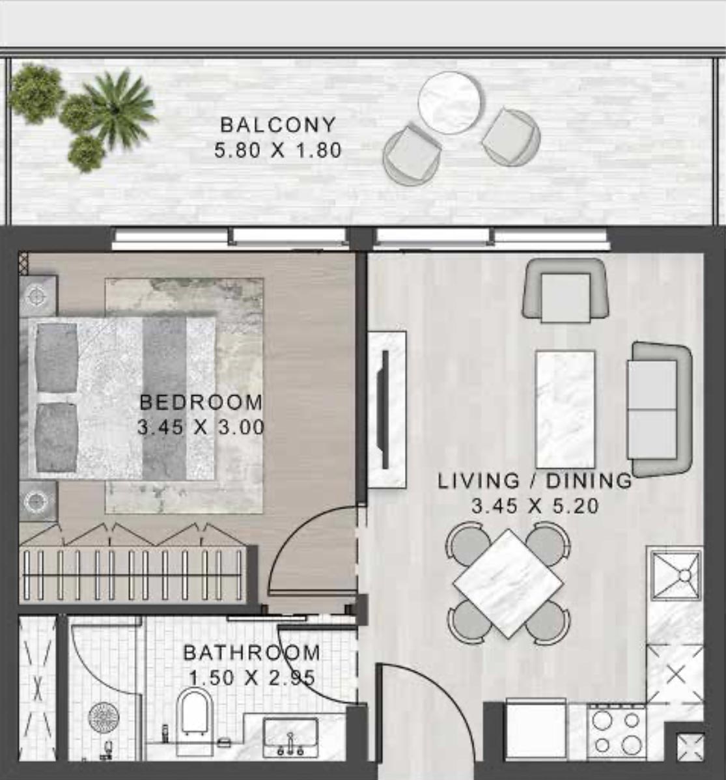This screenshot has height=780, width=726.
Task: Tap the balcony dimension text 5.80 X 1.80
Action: click(278, 150)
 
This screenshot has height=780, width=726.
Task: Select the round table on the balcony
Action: click(450, 103)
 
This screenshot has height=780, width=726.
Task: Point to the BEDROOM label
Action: click(201, 402)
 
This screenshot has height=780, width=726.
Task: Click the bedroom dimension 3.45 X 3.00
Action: click(201, 428)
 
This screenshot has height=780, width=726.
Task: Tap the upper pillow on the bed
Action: click(57, 357)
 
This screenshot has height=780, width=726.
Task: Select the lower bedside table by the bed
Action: click(38, 501)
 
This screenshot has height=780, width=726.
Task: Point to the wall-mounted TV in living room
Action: click(385, 410)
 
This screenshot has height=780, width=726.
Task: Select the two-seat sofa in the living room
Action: click(658, 410)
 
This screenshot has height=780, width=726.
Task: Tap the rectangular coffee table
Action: click(565, 410)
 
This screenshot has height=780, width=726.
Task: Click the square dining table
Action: click(509, 583)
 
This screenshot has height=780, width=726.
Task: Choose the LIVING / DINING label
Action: click(535, 481)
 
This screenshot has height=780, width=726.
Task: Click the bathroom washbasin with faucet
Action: click(290, 737)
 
